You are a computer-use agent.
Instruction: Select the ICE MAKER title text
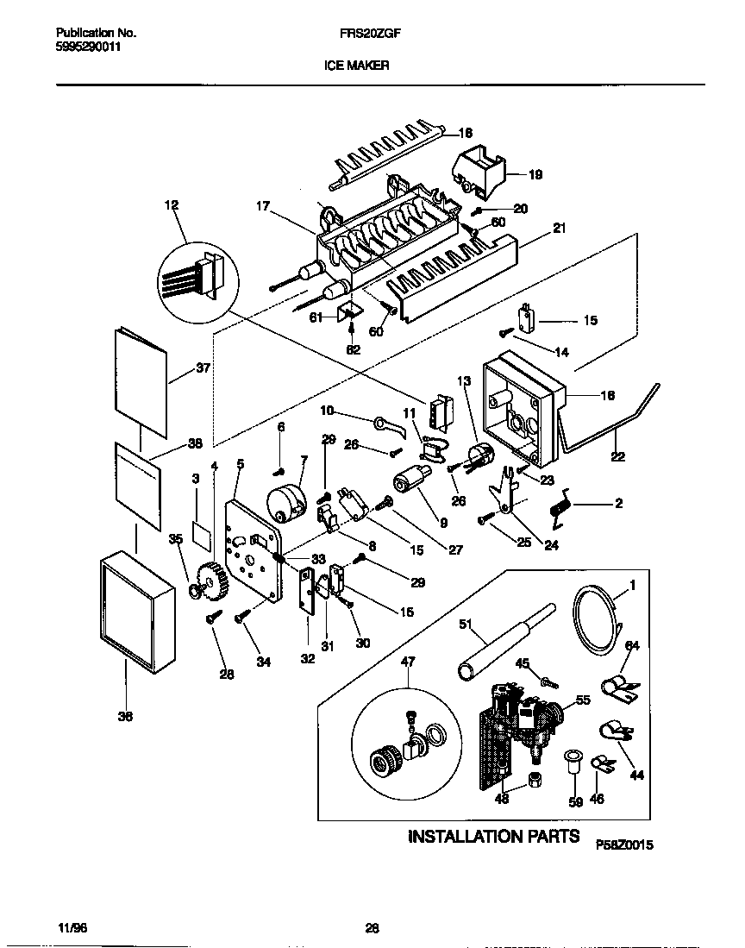point(356,65)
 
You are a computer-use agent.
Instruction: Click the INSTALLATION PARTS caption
point(493,837)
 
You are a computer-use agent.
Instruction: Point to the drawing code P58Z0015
point(624,846)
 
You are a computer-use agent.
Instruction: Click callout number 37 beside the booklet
point(203,367)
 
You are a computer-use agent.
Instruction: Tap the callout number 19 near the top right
point(535,174)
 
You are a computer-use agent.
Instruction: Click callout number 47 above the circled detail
point(408,662)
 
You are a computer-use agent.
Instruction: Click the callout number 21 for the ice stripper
point(559,228)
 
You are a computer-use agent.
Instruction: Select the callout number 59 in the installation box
point(574,801)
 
